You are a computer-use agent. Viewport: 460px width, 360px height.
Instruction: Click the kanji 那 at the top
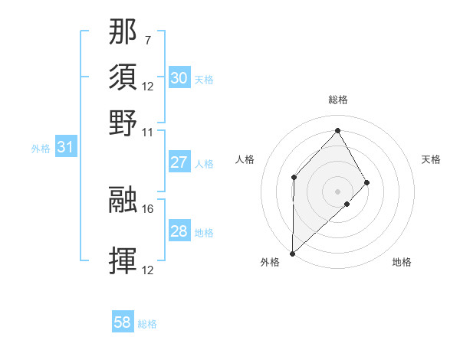click(123, 32)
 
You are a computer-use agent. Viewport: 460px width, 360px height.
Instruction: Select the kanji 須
click(123, 77)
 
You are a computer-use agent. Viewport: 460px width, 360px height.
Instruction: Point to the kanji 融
click(123, 201)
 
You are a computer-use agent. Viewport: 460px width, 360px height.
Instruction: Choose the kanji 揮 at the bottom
click(123, 260)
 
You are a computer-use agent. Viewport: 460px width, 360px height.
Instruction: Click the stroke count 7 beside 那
click(148, 39)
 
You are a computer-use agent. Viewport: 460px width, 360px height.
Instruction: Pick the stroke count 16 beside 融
click(148, 208)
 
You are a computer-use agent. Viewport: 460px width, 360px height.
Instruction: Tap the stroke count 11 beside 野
click(148, 131)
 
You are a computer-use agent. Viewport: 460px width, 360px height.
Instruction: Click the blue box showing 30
click(179, 78)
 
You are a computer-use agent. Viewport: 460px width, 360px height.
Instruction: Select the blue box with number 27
click(179, 162)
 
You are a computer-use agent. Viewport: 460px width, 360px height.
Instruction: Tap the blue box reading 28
click(179, 231)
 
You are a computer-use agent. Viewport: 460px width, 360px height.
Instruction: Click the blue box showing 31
click(65, 148)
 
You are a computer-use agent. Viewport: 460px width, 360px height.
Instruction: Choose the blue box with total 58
click(123, 322)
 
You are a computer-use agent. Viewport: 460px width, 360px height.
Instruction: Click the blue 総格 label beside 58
click(147, 324)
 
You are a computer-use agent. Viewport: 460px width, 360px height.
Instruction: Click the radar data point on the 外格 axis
click(292, 253)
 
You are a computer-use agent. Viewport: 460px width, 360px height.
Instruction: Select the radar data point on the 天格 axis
click(367, 182)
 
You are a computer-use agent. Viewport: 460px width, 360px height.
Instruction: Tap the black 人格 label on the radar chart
click(245, 159)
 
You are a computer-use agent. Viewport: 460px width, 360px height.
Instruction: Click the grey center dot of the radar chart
click(338, 191)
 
